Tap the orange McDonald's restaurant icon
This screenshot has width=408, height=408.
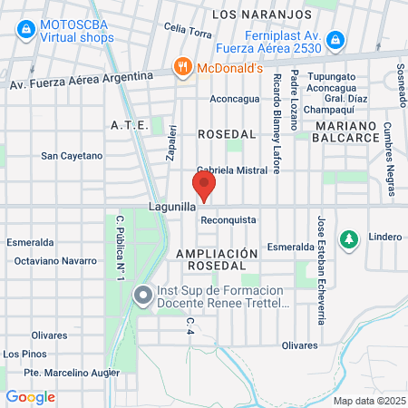pos(182,66)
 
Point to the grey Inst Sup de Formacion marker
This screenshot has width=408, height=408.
pos(142,296)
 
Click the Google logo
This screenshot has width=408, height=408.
pos(30,396)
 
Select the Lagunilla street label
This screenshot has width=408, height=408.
pos(172,208)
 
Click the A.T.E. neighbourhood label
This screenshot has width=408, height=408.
pos(128,124)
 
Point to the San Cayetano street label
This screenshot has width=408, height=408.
pos(73,156)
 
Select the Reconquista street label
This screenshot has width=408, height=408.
pos(228,220)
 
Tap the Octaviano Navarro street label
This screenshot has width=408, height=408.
pos(56,261)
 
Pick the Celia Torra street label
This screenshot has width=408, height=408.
pos(188,32)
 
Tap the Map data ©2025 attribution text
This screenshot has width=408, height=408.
pos(368,400)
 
